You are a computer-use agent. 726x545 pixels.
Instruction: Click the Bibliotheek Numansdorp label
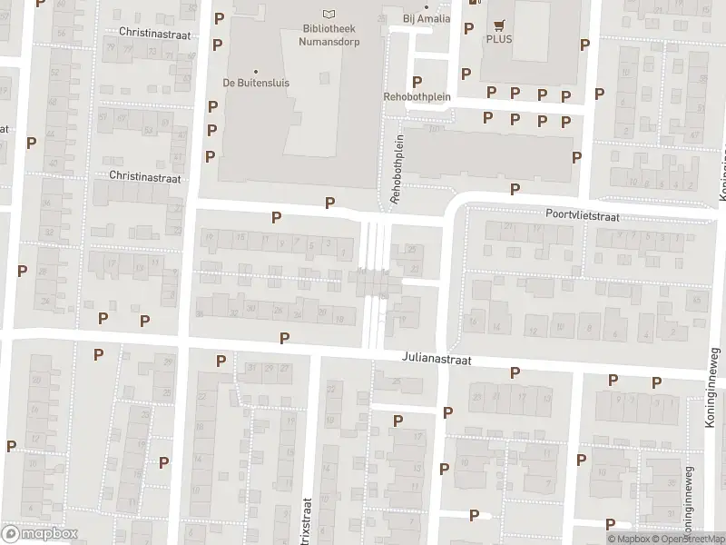point(328,34)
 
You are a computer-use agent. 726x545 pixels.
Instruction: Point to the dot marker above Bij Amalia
point(426,7)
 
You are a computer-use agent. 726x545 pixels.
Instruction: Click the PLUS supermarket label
point(498,39)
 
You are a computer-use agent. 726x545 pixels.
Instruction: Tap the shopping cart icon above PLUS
point(498,25)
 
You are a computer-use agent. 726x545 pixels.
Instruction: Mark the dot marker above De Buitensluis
point(255,71)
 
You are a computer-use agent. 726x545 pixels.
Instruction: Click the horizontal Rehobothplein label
point(417,97)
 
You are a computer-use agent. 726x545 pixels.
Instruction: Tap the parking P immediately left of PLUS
point(468,28)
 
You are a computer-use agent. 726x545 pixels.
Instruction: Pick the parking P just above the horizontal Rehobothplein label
point(417,82)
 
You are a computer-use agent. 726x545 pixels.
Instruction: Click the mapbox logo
point(39,534)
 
